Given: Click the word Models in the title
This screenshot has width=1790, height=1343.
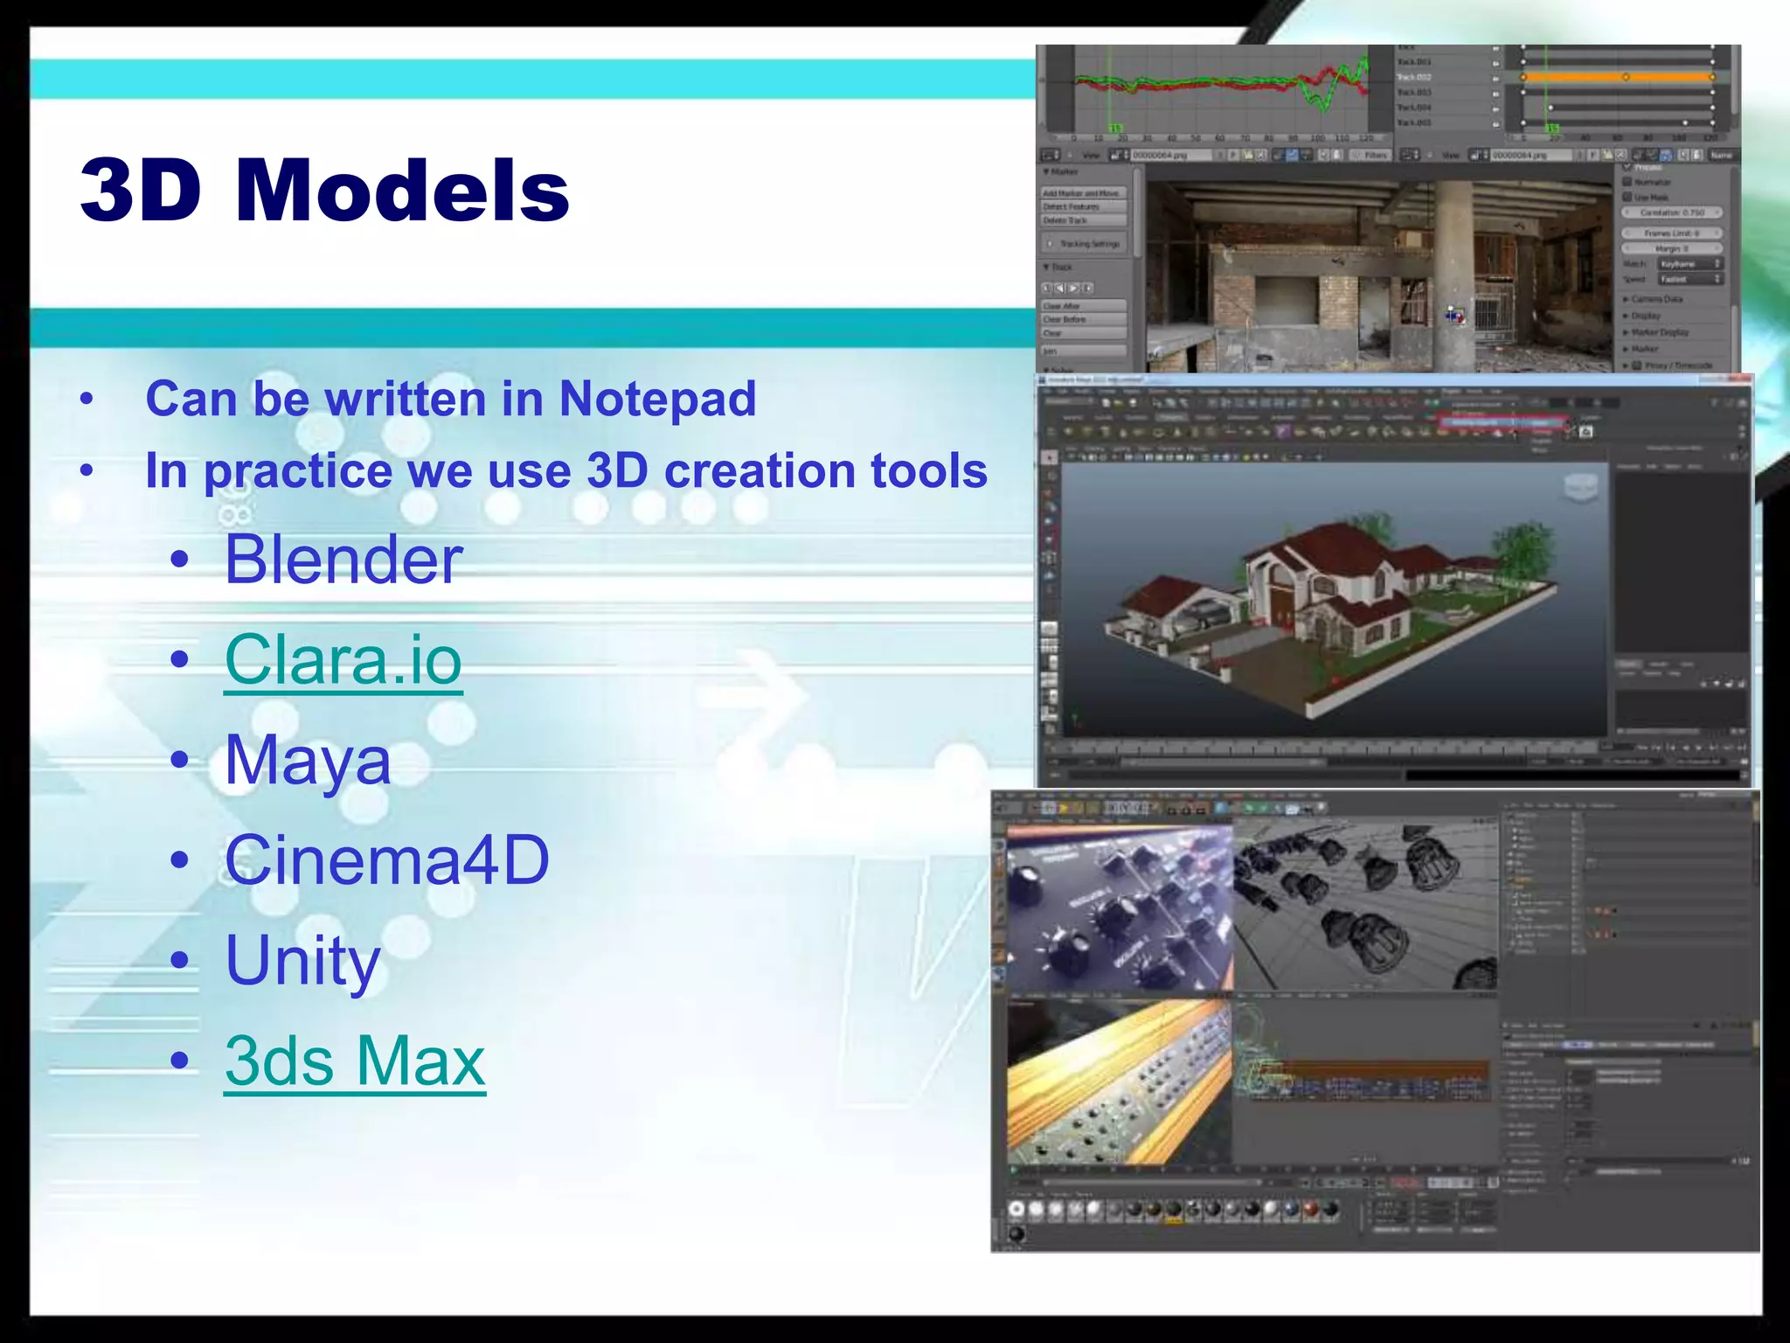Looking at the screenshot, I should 402,191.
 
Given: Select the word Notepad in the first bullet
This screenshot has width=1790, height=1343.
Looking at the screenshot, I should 657,399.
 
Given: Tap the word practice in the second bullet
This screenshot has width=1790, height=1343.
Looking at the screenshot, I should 297,472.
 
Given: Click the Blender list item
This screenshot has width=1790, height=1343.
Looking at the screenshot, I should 343,560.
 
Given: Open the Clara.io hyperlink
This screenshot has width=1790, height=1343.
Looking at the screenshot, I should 343,660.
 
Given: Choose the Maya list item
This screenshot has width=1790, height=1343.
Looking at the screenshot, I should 308,761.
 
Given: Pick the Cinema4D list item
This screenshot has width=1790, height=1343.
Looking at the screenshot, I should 387,860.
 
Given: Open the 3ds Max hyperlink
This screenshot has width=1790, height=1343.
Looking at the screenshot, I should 355,1061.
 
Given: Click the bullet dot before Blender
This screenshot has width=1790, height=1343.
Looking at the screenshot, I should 180,560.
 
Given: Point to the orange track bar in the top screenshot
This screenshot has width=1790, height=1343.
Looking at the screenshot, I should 1617,78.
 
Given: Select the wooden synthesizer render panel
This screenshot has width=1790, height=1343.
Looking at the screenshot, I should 1119,1080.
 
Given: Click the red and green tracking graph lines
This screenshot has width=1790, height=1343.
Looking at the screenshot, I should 1224,84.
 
